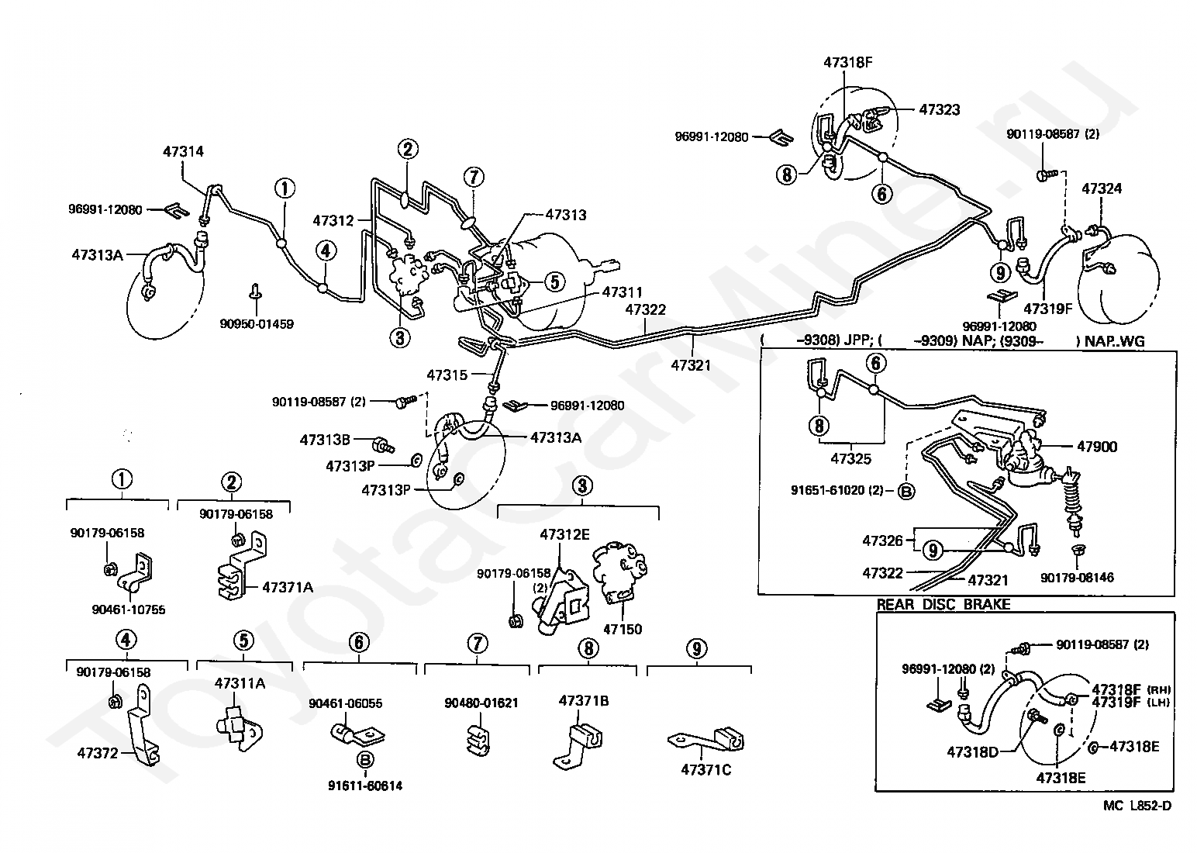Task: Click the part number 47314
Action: pos(183,152)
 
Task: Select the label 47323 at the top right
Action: pos(940,109)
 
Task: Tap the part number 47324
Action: pos(1102,188)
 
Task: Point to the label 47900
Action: pos(1097,447)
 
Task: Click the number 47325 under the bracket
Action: pos(850,458)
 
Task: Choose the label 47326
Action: pos(882,540)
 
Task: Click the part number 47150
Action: pos(623,629)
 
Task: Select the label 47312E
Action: pos(565,534)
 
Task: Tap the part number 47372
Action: pos(97,753)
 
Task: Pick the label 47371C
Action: pos(706,769)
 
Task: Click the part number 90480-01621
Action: pos(481,703)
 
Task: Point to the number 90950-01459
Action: pos(257,324)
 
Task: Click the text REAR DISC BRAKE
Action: pos(943,605)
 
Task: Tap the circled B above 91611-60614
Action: pos(365,759)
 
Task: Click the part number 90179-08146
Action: pos(1077,577)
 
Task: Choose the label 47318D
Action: pos(972,752)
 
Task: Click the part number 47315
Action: pos(447,375)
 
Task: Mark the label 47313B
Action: pos(325,440)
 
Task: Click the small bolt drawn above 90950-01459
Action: pos(255,291)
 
